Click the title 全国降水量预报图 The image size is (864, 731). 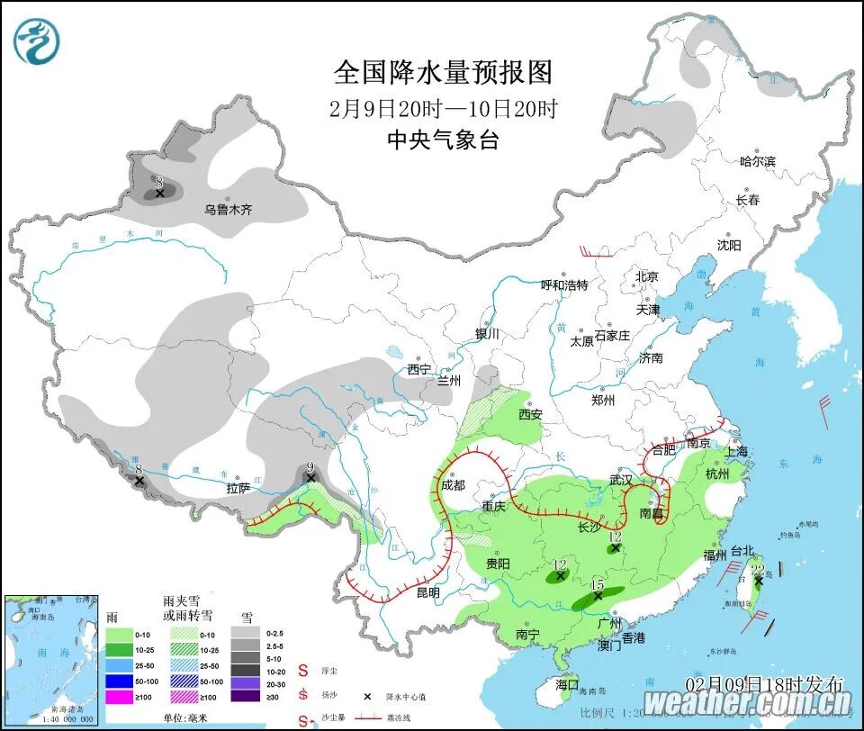tap(442, 72)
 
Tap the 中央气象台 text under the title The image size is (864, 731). tap(442, 140)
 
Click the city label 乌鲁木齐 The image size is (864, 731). tap(228, 210)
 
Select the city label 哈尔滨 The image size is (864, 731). tap(757, 161)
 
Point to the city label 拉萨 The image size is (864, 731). tap(238, 489)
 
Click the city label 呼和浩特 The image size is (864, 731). tap(563, 285)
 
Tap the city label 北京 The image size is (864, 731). tap(646, 276)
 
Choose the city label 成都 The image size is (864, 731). tap(454, 485)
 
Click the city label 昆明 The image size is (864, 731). tap(427, 592)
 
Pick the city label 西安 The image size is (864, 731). tap(530, 415)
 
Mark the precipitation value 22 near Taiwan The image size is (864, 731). tap(757, 569)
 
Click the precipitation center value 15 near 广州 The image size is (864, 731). tap(597, 585)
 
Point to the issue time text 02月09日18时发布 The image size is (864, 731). tap(764, 681)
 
